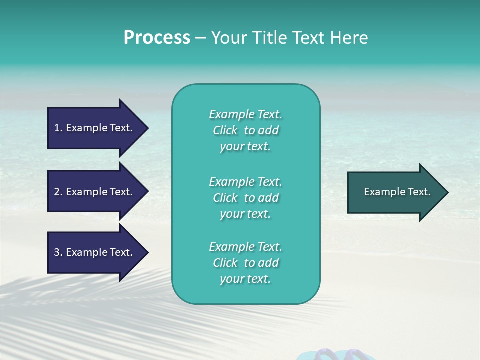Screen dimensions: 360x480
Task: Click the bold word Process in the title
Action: tap(157, 38)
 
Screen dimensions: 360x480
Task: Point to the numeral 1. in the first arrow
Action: tap(58, 128)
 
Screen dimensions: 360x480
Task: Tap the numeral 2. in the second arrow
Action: tap(58, 192)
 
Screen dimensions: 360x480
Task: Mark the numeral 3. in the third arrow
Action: tap(58, 252)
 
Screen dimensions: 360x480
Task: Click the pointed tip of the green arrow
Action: tap(446, 192)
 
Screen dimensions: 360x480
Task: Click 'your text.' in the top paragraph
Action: tap(245, 147)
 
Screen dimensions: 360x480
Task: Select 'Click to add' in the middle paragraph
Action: tap(245, 198)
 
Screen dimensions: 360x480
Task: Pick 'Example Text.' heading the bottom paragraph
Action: tap(245, 247)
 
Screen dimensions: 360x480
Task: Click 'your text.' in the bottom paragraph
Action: tap(245, 279)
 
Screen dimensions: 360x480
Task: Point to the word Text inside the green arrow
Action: tap(419, 192)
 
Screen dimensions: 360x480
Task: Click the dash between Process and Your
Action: tap(200, 38)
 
